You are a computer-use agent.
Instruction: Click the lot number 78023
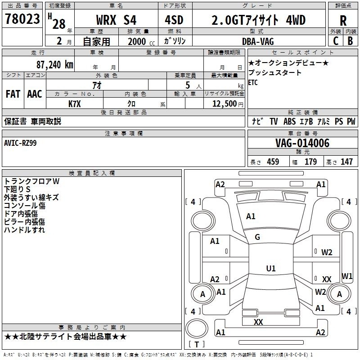point(22,19)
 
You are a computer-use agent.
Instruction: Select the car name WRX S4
point(116,20)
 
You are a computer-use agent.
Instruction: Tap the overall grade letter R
point(343,21)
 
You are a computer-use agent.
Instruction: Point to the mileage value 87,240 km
point(54,65)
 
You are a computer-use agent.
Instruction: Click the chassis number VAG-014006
point(302,143)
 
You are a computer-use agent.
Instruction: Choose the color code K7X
point(75,104)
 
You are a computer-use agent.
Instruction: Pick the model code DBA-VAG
point(258,41)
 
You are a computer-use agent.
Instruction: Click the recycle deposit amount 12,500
point(224,104)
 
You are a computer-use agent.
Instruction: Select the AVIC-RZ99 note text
point(20,143)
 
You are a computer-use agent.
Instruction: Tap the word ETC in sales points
point(253,82)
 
